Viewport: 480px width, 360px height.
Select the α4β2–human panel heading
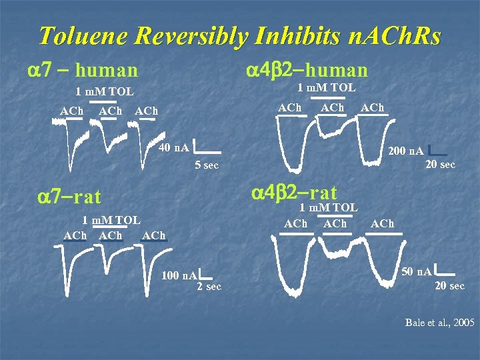pos(307,69)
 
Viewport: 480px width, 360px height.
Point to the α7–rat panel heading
pos(69,196)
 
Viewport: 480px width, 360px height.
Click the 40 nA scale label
pos(174,147)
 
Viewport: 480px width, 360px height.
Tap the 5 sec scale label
pos(206,165)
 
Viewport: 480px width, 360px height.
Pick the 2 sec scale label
pos(209,287)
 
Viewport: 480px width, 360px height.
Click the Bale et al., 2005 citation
pos(440,323)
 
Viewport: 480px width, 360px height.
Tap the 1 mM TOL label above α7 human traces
pos(104,92)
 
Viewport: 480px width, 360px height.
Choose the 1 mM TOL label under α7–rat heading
pos(111,220)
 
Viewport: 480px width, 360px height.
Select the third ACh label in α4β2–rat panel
pos(382,224)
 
